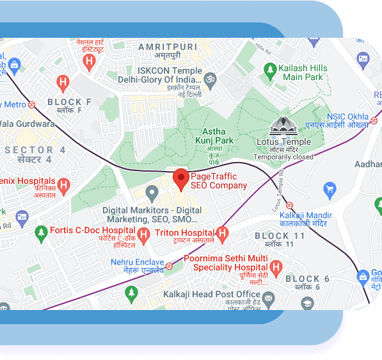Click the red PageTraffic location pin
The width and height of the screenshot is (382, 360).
(x=181, y=179)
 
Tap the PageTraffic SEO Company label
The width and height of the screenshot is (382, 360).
(x=219, y=181)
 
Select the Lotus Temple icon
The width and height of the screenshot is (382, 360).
(x=283, y=126)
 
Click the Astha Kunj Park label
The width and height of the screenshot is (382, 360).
(x=214, y=136)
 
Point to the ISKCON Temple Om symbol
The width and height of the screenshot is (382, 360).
(x=210, y=79)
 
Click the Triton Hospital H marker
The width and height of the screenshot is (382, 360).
(x=223, y=233)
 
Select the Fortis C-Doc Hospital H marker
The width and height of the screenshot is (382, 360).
(x=144, y=234)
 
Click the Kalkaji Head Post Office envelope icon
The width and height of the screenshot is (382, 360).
(x=269, y=298)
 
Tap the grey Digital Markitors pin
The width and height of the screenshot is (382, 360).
(x=152, y=192)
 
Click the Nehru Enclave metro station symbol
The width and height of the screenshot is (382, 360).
(x=169, y=266)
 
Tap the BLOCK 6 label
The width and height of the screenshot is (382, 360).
(x=308, y=279)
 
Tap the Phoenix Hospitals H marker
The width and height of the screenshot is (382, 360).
(x=63, y=186)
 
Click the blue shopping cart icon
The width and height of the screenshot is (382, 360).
(x=330, y=189)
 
